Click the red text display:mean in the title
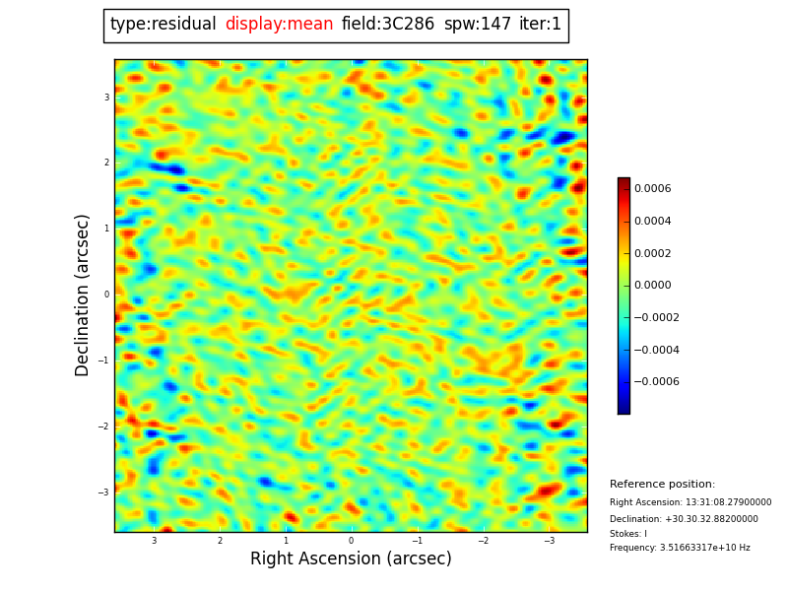coord(279,25)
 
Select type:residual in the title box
coord(163,25)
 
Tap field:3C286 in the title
coord(388,25)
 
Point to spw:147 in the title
coord(478,25)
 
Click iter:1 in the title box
coord(541,25)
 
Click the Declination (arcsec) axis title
coord(83,295)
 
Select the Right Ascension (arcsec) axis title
coord(351,559)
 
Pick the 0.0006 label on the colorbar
coord(652,189)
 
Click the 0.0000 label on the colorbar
coord(652,286)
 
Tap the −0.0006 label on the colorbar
coord(656,382)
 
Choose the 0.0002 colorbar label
coord(652,253)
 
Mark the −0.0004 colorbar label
coord(656,350)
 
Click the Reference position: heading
coord(662,485)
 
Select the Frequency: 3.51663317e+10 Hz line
coord(680,548)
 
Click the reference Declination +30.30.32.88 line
coord(684,519)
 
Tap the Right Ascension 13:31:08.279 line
coord(690,502)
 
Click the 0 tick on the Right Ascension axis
coord(351,541)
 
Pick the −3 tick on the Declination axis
coord(105,492)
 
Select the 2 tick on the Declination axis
coord(106,163)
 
